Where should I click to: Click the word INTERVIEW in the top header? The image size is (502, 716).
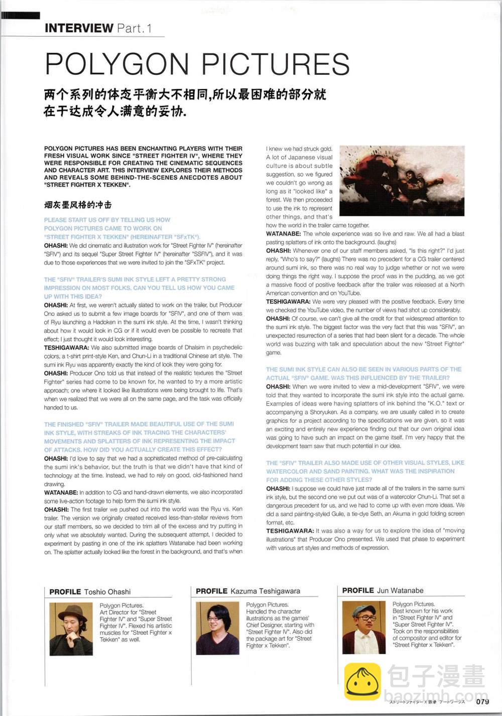(79, 28)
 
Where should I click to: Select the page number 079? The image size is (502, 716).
(482, 701)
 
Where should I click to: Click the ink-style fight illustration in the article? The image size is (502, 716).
(402, 181)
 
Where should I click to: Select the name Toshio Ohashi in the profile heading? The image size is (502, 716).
(107, 592)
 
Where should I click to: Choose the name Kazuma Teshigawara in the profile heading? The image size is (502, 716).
(265, 591)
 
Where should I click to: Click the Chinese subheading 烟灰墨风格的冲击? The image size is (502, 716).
(78, 205)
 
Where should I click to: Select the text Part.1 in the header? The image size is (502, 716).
(134, 28)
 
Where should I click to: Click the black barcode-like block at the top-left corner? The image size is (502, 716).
(20, 15)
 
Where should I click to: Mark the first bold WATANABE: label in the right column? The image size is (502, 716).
(284, 234)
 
